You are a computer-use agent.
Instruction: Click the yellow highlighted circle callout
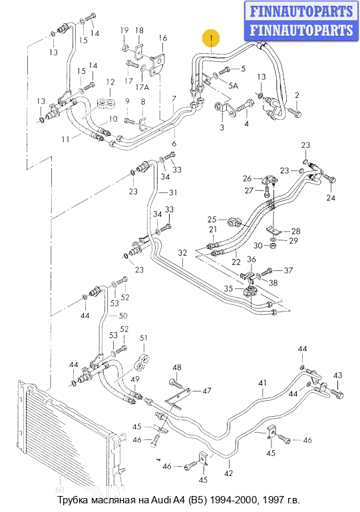coord(210,38)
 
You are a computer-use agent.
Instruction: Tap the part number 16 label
coord(163,38)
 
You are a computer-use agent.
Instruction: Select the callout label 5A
coord(233,85)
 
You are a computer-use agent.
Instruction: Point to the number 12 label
coord(110,82)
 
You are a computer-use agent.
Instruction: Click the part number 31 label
coord(173,192)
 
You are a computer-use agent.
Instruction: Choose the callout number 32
coord(182,253)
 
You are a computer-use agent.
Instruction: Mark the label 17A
coord(142,87)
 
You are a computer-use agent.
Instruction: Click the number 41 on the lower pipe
coord(262,383)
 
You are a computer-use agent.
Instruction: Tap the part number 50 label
coord(123,316)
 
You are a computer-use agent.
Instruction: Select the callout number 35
coord(228,288)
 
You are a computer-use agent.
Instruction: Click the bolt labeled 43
coord(337,393)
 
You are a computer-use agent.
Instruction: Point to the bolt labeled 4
coord(245,107)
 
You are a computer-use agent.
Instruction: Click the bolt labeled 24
coord(329,178)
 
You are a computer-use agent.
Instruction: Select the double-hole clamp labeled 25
coord(234,221)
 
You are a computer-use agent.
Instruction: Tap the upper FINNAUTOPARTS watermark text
coord(301,11)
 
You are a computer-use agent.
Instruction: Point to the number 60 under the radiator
coord(60,489)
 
